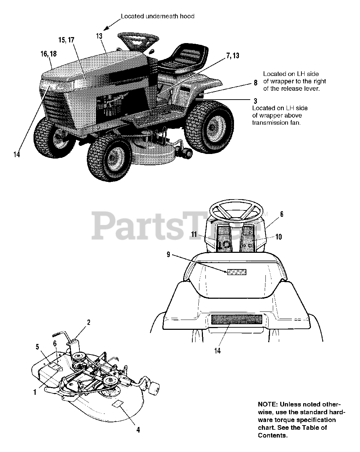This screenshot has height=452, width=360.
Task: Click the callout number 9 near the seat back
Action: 168,254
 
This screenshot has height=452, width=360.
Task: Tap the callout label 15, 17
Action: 66,40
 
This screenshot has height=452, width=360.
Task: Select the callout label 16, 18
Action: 48,54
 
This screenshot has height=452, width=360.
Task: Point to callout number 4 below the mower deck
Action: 138,430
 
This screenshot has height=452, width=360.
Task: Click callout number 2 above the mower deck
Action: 89,322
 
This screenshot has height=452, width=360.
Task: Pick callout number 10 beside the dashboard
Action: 278,237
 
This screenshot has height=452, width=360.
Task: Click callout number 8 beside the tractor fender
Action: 255,83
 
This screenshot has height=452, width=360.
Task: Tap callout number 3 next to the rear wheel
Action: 255,101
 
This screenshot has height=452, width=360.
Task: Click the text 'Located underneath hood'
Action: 157,16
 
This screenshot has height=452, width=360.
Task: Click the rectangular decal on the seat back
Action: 236,272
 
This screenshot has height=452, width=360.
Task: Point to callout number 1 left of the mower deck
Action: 35,392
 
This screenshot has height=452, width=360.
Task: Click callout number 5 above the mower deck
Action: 37,347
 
